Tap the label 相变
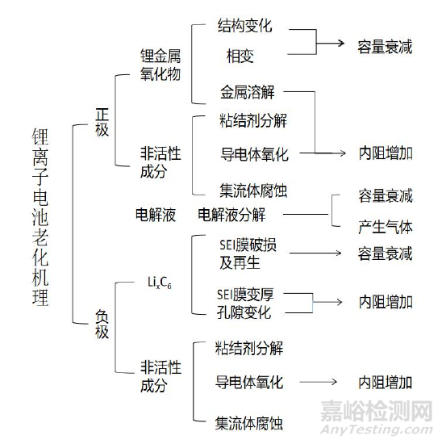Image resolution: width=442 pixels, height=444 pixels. click(x=240, y=57)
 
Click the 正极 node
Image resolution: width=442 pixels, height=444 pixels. click(x=102, y=124)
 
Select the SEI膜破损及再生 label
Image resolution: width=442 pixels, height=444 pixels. click(x=240, y=255)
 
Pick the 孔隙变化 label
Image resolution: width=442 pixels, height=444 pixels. click(x=244, y=312)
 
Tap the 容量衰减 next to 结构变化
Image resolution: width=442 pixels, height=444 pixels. click(x=386, y=47)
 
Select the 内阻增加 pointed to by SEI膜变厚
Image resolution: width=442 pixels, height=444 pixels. click(x=386, y=302)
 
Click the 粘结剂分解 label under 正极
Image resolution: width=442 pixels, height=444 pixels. click(x=252, y=122)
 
